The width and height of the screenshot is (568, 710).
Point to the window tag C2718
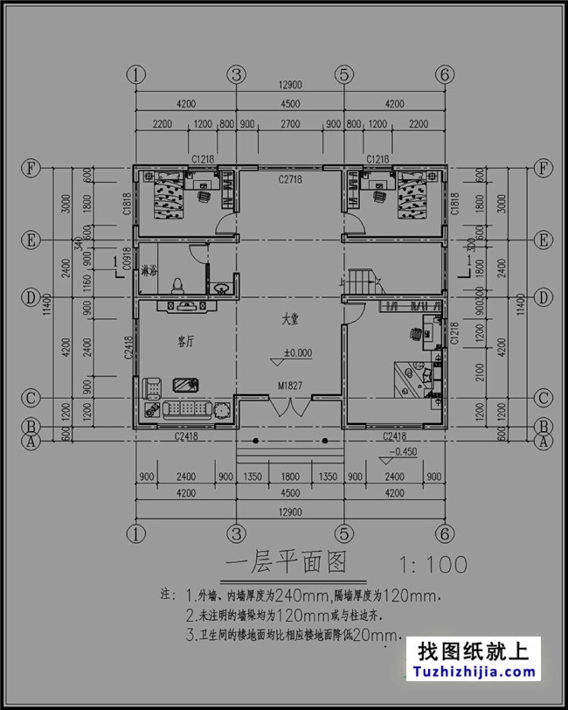(x=290, y=179)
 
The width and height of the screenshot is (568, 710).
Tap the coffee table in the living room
(x=184, y=385)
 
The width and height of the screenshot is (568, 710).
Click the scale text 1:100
(x=432, y=564)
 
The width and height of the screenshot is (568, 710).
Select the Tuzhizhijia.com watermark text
(x=476, y=672)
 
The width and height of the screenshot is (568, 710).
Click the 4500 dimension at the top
(x=289, y=103)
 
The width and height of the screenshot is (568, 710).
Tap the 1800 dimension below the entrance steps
(x=289, y=477)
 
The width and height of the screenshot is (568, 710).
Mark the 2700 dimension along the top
(x=289, y=124)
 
